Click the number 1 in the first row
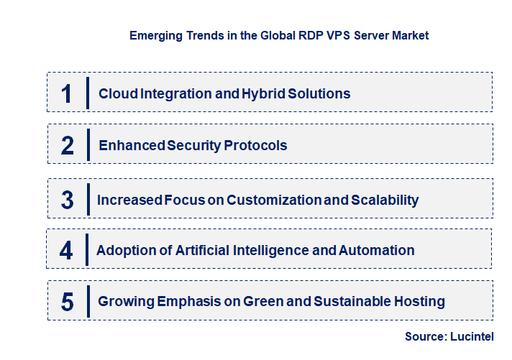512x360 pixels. [67, 93]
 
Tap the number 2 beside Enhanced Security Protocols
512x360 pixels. [68, 145]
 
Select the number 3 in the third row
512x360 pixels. [68, 200]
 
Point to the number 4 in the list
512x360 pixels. [66, 251]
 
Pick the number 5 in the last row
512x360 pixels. [68, 301]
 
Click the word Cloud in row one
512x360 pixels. [114, 93]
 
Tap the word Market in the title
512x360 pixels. [411, 35]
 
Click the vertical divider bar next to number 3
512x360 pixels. [87, 198]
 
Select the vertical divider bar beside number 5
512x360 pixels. [87, 300]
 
